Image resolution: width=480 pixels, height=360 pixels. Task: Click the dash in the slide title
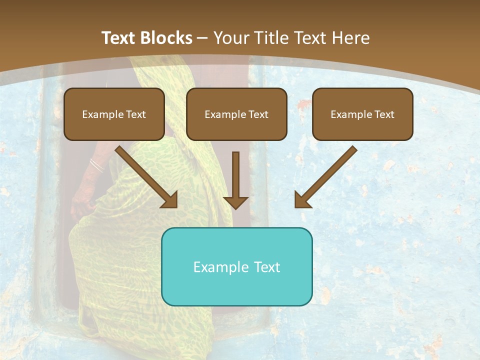(202, 38)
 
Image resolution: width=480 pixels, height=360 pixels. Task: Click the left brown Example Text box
(114, 114)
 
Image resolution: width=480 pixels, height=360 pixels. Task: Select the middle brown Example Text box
(236, 114)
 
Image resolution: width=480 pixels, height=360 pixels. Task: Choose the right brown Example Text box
(362, 114)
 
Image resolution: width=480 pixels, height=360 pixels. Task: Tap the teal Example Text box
(236, 266)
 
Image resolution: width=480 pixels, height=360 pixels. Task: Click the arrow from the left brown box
(145, 176)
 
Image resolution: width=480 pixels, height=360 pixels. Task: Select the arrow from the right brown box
(327, 176)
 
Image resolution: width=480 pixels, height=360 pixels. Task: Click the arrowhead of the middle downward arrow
(235, 202)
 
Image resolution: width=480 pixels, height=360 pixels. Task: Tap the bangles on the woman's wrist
(96, 165)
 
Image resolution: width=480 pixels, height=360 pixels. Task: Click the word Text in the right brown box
(384, 114)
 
